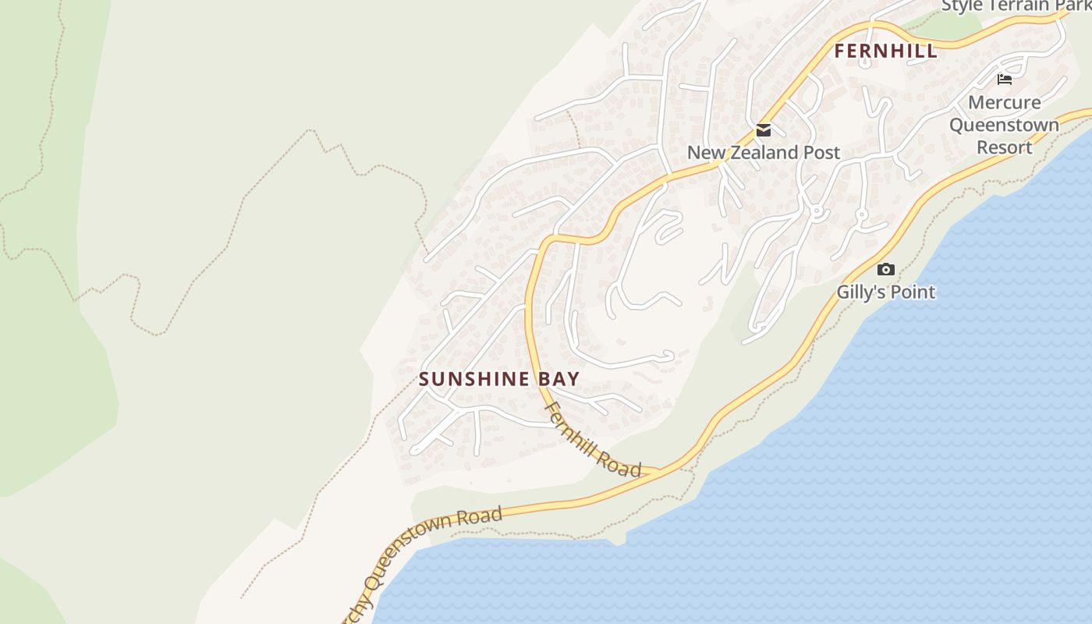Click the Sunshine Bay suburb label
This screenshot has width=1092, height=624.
pos(499,379)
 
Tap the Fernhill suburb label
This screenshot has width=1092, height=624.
pos(885,51)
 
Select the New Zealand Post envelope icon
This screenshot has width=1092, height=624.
pos(764,130)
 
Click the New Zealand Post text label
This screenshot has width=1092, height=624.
pos(763,152)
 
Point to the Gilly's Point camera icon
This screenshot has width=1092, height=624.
pos(885,269)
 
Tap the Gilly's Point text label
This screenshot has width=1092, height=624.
pos(885,292)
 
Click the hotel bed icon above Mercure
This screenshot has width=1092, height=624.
pos(1005,79)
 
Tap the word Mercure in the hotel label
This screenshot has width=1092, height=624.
pos(1004,102)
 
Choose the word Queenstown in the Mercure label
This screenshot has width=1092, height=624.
pos(1004,125)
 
